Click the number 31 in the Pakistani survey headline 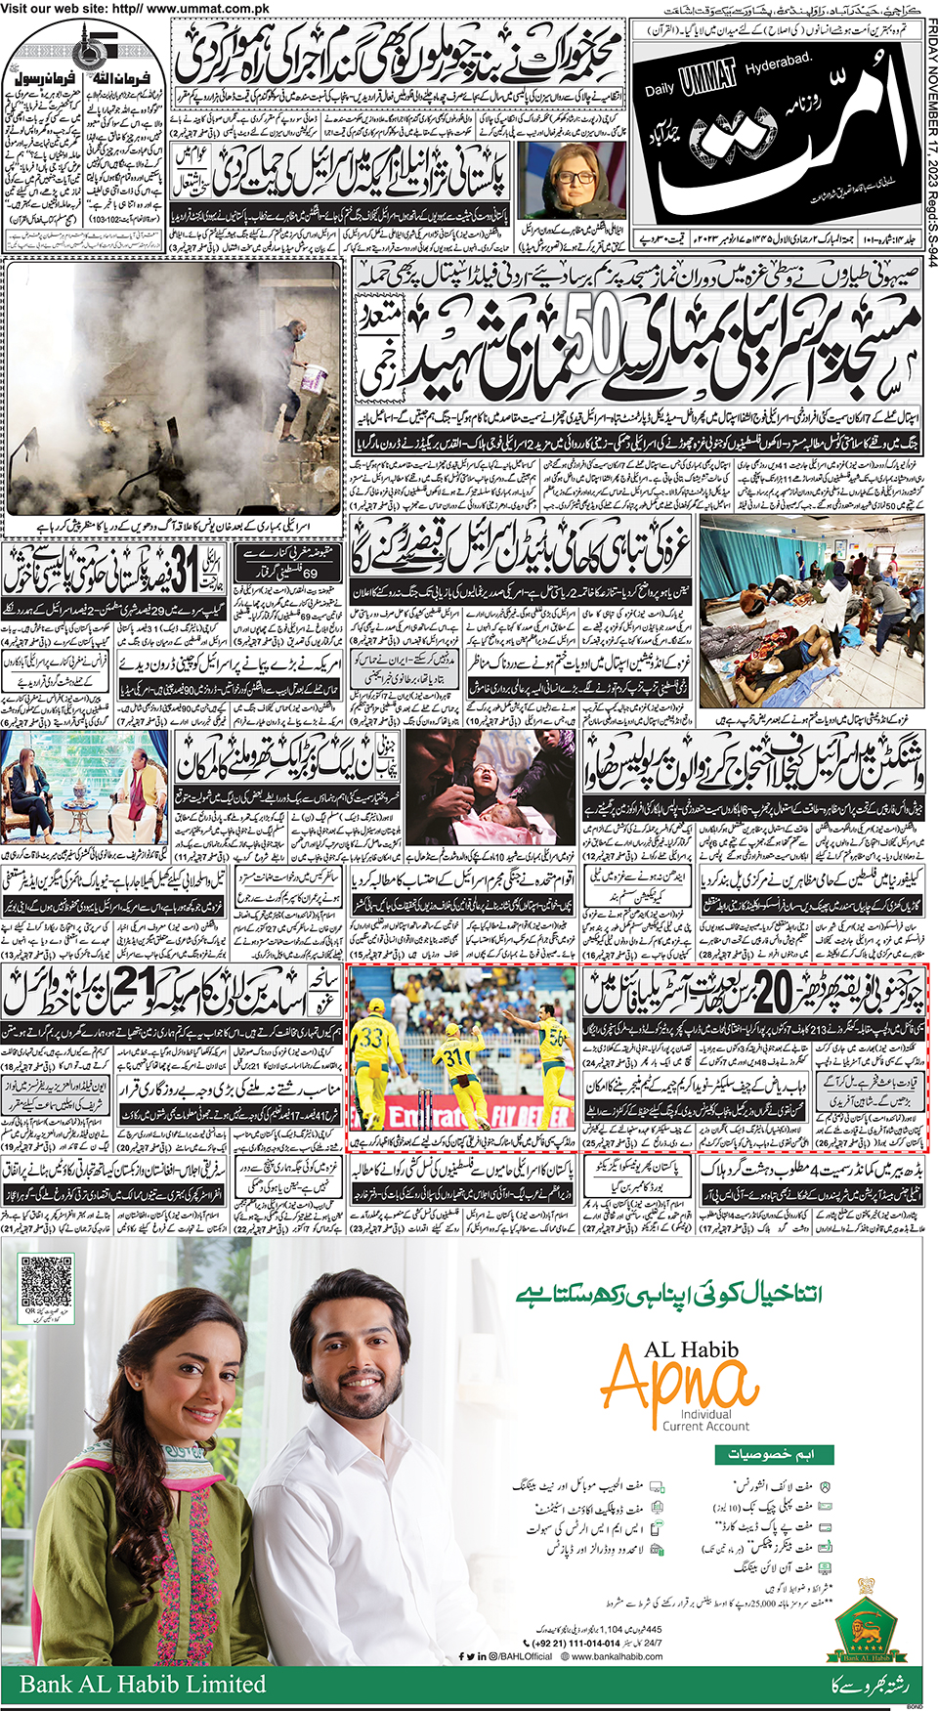pyautogui.click(x=184, y=571)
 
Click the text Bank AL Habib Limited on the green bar pyautogui.click(x=143, y=1684)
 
